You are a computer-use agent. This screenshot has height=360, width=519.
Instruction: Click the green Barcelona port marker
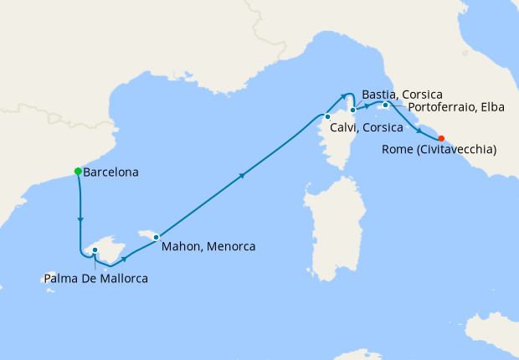click(78, 172)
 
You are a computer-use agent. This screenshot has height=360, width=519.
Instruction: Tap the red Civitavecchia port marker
click(441, 139)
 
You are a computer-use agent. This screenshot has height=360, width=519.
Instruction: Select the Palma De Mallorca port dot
click(95, 249)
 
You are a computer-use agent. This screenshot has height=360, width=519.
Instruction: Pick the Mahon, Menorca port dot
click(156, 237)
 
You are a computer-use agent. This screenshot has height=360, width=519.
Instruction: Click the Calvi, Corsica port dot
click(327, 116)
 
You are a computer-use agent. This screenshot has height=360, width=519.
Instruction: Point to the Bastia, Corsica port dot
click(353, 110)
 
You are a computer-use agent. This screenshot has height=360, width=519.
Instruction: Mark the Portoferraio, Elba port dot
click(385, 105)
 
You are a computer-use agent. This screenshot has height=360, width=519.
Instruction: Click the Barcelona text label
click(110, 172)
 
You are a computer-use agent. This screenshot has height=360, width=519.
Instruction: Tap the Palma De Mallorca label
click(97, 278)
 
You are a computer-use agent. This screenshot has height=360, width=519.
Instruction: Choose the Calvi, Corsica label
click(365, 127)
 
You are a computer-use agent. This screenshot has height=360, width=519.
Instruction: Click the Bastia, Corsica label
click(403, 95)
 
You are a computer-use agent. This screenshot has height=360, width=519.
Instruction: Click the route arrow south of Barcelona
click(80, 219)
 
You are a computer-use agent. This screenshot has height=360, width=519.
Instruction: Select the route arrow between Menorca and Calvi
click(243, 175)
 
